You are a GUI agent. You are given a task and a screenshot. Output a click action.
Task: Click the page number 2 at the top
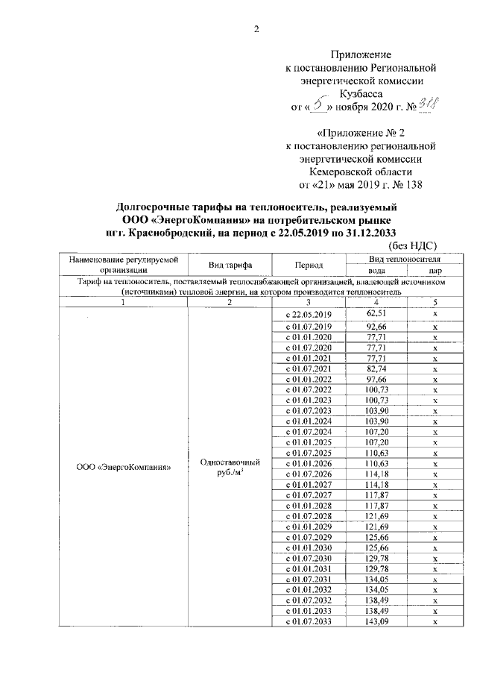(x=257, y=30)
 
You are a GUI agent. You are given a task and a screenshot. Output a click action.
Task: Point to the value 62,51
(x=377, y=314)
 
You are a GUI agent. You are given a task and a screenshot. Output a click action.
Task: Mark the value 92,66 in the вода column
(x=377, y=327)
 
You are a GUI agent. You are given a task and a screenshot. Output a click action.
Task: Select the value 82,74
(x=377, y=369)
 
